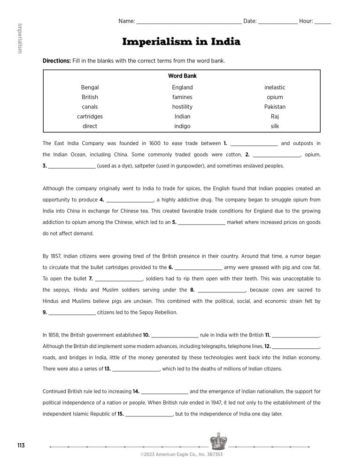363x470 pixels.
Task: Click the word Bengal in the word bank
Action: (90, 87)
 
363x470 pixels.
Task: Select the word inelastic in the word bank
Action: (275, 87)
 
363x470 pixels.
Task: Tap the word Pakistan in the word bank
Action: (275, 107)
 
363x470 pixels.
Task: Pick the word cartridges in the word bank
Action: (90, 117)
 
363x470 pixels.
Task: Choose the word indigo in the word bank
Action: (182, 126)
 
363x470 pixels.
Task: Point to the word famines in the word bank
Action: (182, 97)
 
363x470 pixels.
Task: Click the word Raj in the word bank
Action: (275, 117)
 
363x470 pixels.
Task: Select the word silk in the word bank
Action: (275, 126)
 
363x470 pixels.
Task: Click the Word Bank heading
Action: (182, 76)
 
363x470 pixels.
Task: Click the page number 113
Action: (20, 445)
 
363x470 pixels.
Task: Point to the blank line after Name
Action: (189, 22)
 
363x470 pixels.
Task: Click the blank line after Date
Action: (278, 22)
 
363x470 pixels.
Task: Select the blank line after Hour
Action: (323, 22)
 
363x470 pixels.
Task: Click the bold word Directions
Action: (57, 61)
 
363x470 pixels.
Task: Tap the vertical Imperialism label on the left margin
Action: (19, 38)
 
